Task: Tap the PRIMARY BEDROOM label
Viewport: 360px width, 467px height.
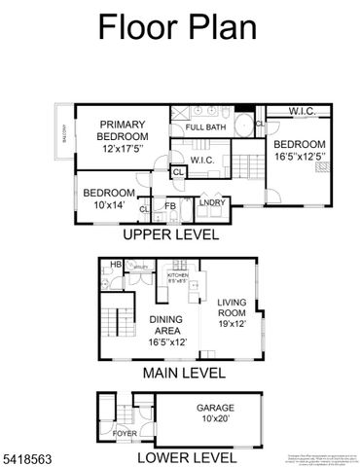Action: pos(122,130)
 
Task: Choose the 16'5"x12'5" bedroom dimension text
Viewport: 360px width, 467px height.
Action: pos(298,154)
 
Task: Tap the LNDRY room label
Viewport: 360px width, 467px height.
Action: pos(211,202)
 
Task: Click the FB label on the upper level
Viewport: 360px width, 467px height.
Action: pos(169,205)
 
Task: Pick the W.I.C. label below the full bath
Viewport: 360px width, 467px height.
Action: pos(201,161)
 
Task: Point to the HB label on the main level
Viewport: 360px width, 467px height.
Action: pos(115,264)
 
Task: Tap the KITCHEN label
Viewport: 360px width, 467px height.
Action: pos(176,275)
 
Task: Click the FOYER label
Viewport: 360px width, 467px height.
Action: pos(126,434)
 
